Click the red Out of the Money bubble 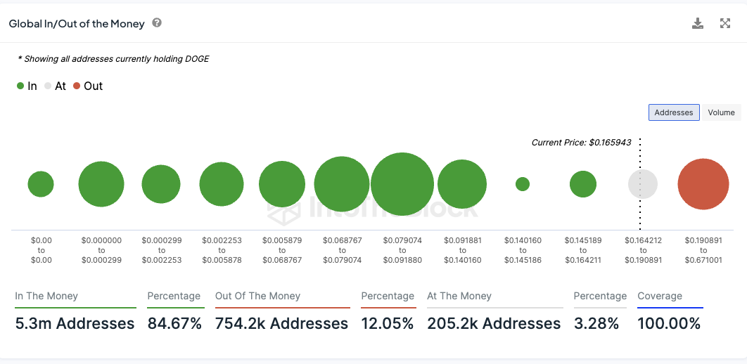click(703, 184)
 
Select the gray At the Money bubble click(642, 184)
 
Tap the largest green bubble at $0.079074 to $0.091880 click(402, 184)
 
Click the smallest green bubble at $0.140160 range click(522, 184)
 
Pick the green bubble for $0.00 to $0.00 click(41, 184)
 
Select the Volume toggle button click(721, 112)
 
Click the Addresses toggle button click(673, 112)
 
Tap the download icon click(698, 24)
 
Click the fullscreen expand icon click(725, 24)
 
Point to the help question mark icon click(157, 23)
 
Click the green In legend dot click(20, 86)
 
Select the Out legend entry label click(93, 86)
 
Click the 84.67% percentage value click(174, 324)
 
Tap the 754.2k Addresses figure click(281, 324)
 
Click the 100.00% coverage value click(669, 324)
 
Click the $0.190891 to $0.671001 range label click(703, 250)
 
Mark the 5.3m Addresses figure click(75, 324)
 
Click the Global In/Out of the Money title click(77, 24)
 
